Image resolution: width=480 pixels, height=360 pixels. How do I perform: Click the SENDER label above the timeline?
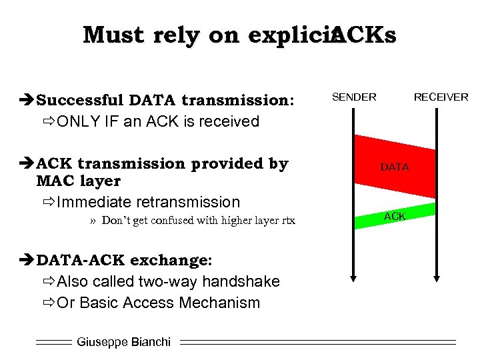tap(354, 97)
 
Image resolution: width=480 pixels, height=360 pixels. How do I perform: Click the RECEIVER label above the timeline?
tap(441, 97)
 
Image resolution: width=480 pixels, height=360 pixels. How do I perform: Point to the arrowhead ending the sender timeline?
tap(353, 275)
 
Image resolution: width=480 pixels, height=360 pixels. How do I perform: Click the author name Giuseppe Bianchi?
tap(123, 342)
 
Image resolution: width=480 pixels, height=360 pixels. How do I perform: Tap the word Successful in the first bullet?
tap(80, 101)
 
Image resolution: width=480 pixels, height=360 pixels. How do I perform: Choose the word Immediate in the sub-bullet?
tap(94, 201)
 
